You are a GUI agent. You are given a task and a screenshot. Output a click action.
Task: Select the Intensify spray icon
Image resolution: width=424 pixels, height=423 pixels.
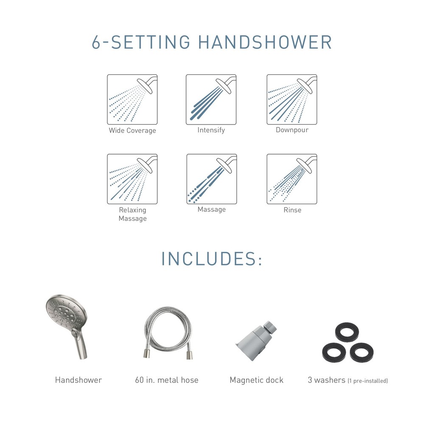pyautogui.click(x=211, y=100)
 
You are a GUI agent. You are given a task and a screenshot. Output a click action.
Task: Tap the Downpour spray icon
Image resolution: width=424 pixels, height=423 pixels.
pyautogui.click(x=292, y=100)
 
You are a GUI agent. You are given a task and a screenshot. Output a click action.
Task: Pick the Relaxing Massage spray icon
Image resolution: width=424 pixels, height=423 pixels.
pyautogui.click(x=132, y=179)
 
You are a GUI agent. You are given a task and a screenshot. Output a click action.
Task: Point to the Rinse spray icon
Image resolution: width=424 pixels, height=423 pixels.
pyautogui.click(x=292, y=179)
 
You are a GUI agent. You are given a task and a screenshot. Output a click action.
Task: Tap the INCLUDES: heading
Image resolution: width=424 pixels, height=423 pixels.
pyautogui.click(x=212, y=259)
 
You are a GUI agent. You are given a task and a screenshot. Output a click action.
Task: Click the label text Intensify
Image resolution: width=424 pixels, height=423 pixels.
pyautogui.click(x=211, y=130)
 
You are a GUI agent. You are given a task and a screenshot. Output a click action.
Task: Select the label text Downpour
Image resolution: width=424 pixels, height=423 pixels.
pyautogui.click(x=292, y=130)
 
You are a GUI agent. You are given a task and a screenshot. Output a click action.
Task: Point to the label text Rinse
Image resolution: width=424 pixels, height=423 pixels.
pyautogui.click(x=293, y=210)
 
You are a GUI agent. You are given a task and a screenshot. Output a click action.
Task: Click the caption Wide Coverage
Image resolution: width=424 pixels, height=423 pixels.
pyautogui.click(x=132, y=130)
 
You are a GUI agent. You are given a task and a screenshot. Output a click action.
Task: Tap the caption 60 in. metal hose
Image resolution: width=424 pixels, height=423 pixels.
pyautogui.click(x=167, y=380)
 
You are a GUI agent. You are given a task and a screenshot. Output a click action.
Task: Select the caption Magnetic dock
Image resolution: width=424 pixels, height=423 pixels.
pyautogui.click(x=257, y=380)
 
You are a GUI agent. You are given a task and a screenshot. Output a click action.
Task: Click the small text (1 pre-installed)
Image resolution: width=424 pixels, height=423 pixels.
pyautogui.click(x=368, y=381)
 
